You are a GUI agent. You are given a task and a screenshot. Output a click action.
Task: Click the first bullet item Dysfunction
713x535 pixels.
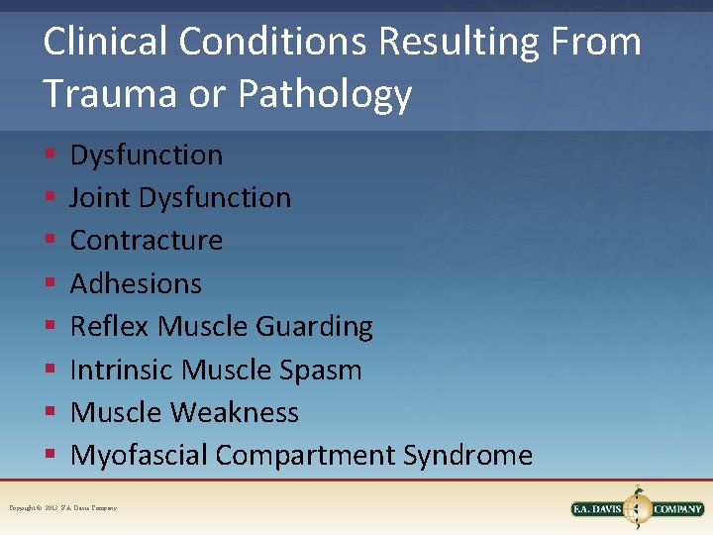(x=146, y=156)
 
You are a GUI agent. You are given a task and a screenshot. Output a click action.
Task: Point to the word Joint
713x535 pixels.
(x=100, y=198)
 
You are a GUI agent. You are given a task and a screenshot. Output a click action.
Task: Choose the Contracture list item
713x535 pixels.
(x=146, y=241)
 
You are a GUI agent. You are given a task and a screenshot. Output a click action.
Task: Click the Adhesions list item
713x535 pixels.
(x=136, y=283)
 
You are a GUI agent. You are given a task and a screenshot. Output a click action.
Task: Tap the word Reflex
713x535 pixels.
(x=110, y=326)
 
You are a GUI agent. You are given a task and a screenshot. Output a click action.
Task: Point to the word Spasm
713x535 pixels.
(x=319, y=370)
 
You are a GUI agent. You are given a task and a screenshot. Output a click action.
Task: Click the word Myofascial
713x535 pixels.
(x=139, y=456)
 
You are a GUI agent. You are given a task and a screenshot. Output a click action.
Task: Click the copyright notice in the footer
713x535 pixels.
(x=62, y=508)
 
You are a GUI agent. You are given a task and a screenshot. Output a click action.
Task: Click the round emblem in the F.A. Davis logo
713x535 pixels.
(x=637, y=508)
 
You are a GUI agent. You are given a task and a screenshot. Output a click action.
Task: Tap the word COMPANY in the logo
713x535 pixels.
(x=677, y=509)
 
